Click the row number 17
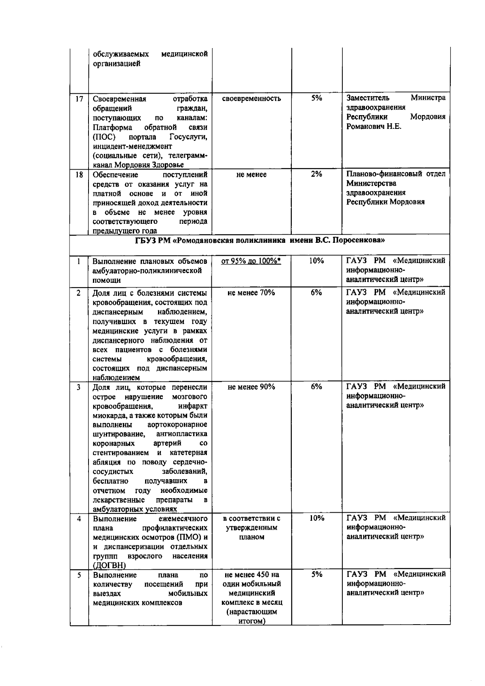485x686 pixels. pos(79,99)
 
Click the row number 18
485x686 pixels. pos(79,175)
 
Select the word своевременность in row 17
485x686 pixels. pos(251,99)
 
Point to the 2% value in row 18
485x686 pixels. pos(316,174)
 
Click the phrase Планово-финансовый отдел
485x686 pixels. pos(396,174)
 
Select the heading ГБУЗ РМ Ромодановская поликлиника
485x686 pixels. pos(259,240)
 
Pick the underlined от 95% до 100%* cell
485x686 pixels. pos(251,261)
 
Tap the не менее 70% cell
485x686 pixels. pos(251,293)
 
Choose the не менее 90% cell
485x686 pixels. pos(251,387)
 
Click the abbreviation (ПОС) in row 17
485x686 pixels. pos(102,137)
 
